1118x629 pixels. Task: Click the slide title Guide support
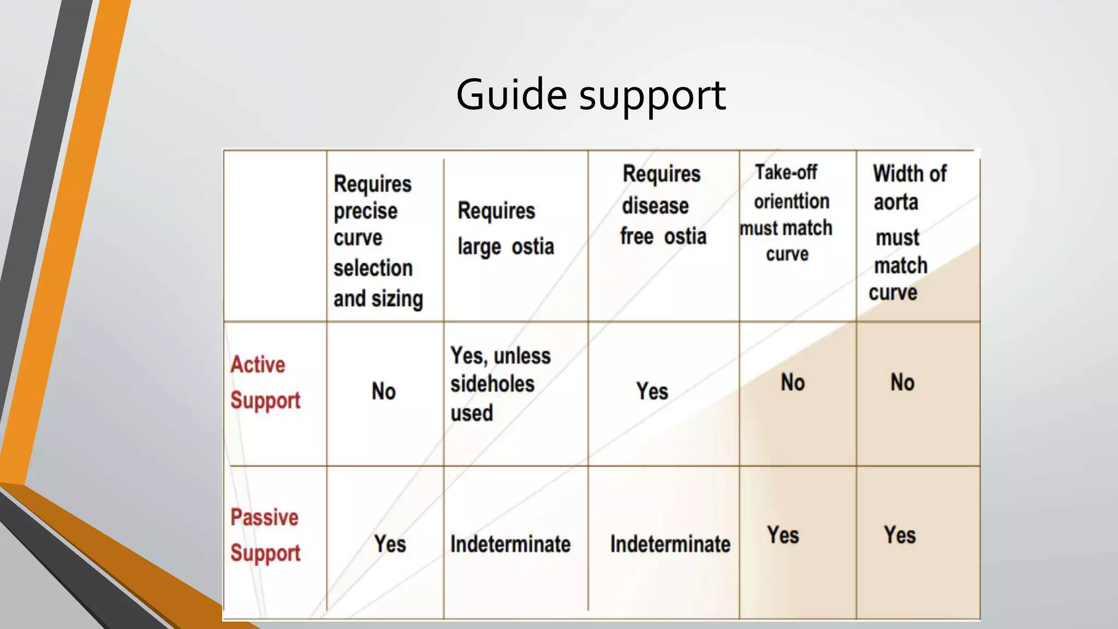coord(591,95)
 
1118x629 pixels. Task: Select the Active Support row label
coord(265,382)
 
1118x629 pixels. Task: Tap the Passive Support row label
coord(265,535)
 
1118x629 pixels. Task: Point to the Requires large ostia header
coord(506,228)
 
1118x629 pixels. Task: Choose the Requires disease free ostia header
coord(663,205)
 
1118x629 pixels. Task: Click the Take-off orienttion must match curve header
coord(787,213)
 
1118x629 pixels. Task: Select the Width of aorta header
coord(909,174)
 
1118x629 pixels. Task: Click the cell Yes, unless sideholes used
coord(499,384)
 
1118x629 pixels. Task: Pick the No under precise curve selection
coord(383,391)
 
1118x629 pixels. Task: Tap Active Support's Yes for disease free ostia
coord(652,391)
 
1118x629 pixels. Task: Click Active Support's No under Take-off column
coord(792,382)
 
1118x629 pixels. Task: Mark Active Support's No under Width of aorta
coord(902,382)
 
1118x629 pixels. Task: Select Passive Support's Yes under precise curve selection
coord(390,544)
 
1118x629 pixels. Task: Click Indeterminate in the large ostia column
coord(510,544)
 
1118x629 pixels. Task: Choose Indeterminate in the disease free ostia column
coord(670,544)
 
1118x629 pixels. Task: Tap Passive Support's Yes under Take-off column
coord(783,535)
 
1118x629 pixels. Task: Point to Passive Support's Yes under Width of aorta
coord(900,535)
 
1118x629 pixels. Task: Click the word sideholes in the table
coord(492,384)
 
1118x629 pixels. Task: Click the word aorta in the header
coord(895,203)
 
